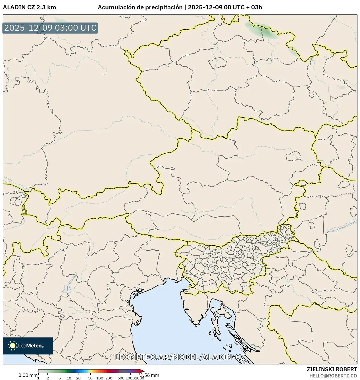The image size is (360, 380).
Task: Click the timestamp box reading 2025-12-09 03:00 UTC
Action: (x=50, y=28)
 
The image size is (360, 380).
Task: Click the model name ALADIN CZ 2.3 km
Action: (x=29, y=7)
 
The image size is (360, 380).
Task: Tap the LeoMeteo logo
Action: (x=28, y=346)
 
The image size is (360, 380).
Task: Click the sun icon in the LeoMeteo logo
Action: (x=13, y=345)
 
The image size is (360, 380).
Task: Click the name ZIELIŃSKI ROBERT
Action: (x=332, y=369)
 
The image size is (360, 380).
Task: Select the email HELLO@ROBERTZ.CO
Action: (x=333, y=376)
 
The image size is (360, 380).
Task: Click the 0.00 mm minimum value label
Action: (x=28, y=375)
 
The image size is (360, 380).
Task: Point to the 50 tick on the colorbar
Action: (x=90, y=378)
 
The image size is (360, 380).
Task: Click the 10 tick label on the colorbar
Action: (x=69, y=378)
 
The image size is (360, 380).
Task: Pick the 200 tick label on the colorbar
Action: (x=109, y=378)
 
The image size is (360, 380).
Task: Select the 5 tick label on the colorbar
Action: (x=60, y=378)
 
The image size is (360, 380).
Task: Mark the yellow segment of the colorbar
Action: (x=89, y=371)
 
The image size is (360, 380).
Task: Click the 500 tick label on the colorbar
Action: (x=121, y=378)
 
